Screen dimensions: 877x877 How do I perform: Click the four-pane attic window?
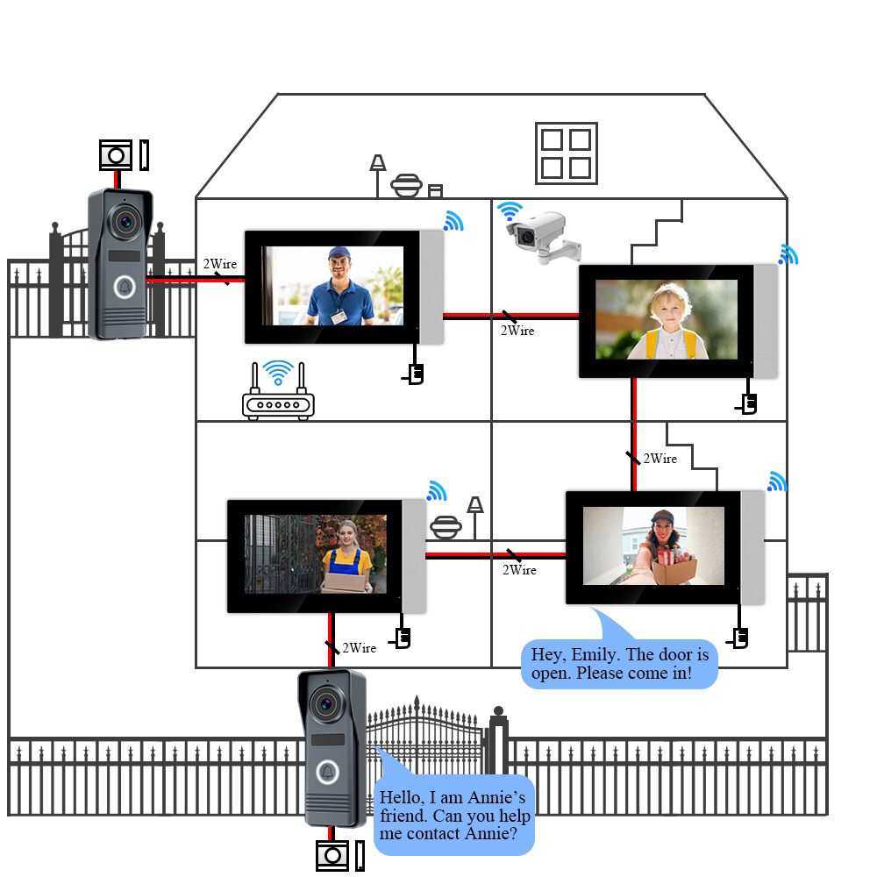point(566,153)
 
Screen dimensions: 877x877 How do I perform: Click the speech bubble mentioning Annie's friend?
point(453,815)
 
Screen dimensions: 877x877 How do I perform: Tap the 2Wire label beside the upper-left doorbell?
point(219,264)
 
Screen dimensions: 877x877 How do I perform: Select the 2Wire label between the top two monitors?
point(517,331)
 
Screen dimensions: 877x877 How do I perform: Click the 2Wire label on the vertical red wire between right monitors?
point(660,459)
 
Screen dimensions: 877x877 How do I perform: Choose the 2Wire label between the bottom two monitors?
point(519,570)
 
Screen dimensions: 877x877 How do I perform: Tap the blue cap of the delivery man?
point(339,255)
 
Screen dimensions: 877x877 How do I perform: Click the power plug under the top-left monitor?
point(416,374)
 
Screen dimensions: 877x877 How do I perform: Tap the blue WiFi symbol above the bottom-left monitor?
point(436,490)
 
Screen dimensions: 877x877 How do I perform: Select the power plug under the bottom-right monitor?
point(740,638)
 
